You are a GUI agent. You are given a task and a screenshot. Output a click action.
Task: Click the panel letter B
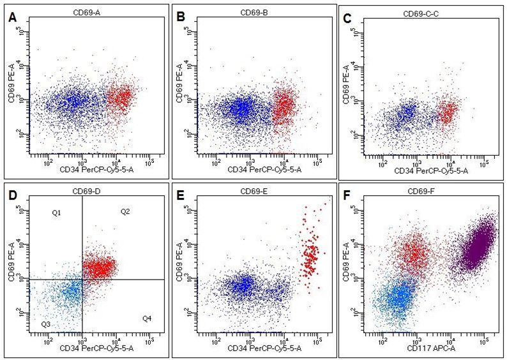[180, 19]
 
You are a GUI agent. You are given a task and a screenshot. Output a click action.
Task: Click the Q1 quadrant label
[56, 212]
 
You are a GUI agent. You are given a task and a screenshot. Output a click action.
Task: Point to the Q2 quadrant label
[125, 212]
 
